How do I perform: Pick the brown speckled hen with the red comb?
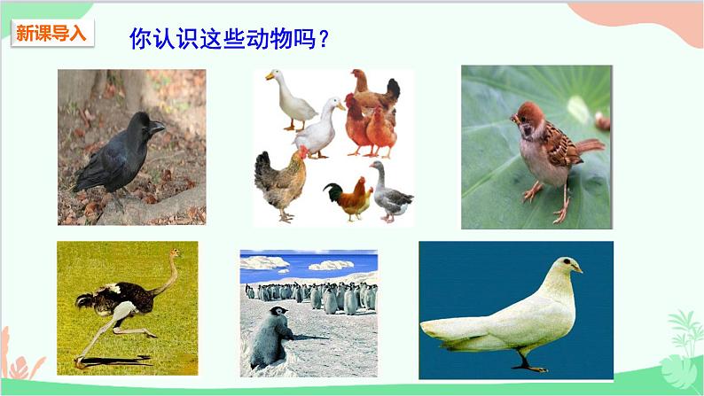(281, 182)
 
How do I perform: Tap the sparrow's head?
(530, 117)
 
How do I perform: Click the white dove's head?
(564, 265)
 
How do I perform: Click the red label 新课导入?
(52, 34)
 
